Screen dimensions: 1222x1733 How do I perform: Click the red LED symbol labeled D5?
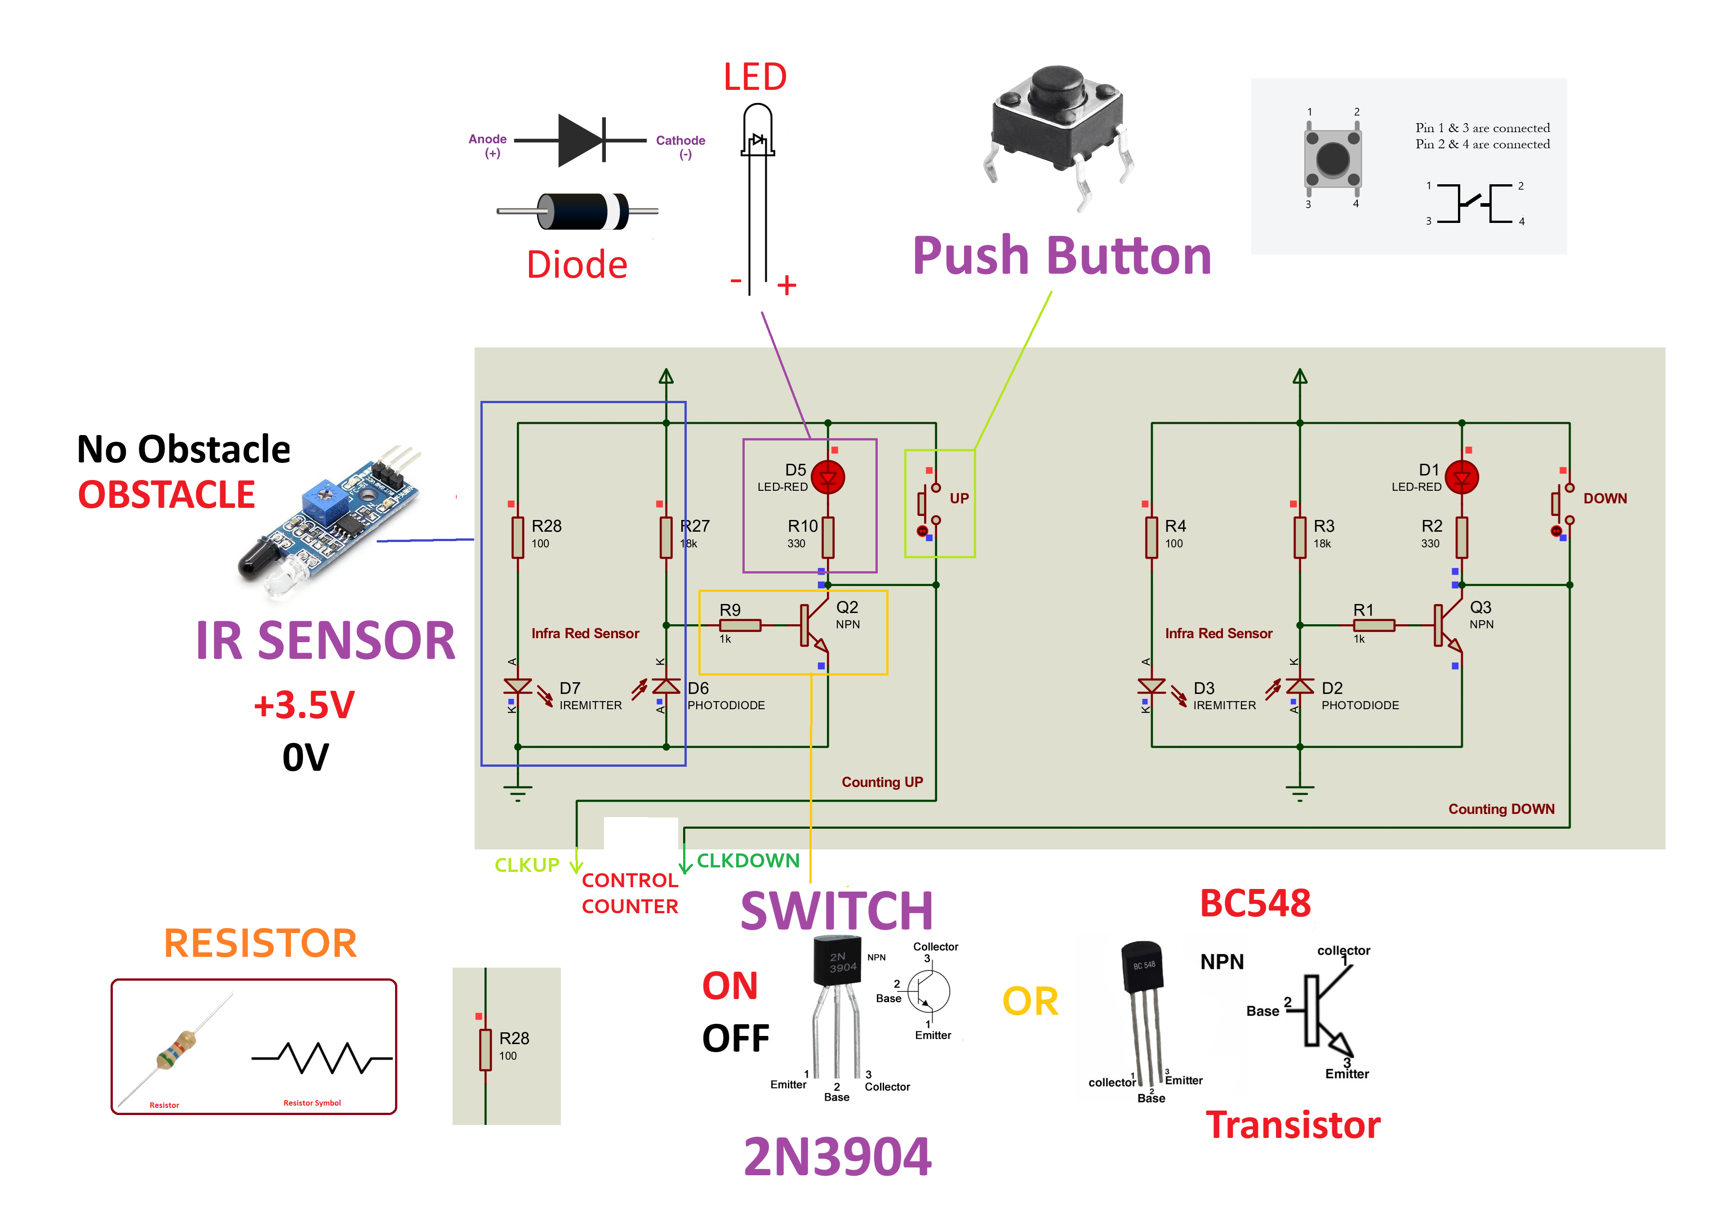pyautogui.click(x=828, y=477)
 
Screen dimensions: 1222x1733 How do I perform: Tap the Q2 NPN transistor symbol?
pyautogui.click(x=813, y=626)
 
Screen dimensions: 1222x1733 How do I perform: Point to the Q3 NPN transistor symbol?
pyautogui.click(x=1448, y=626)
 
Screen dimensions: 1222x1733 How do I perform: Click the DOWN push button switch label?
pyautogui.click(x=1604, y=498)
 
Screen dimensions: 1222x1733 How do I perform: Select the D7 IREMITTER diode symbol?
pyautogui.click(x=518, y=687)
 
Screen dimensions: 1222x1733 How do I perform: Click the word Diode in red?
pyautogui.click(x=577, y=265)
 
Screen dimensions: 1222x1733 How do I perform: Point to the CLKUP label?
pyautogui.click(x=526, y=865)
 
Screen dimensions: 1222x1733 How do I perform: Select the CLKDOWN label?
pyautogui.click(x=747, y=861)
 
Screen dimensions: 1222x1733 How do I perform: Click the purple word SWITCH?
pyautogui.click(x=836, y=911)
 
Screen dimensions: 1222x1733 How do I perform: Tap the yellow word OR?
pyautogui.click(x=1030, y=1002)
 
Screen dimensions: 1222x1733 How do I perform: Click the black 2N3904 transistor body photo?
pyautogui.click(x=837, y=960)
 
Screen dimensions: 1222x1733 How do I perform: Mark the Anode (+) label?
pyautogui.click(x=489, y=145)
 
